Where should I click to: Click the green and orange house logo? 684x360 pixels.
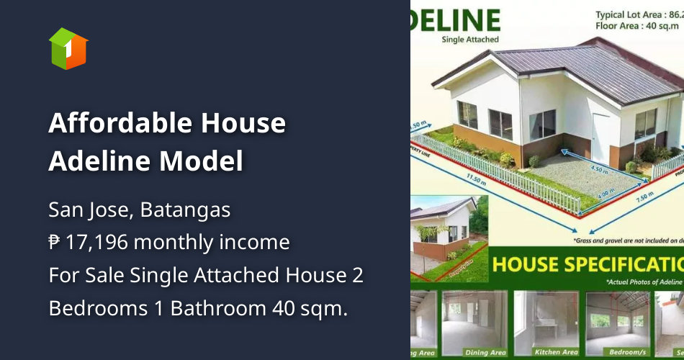pos(68,48)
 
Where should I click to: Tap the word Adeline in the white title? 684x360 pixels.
pos(98,161)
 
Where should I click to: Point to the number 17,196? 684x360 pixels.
pos(96,242)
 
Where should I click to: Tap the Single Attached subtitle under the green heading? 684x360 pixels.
pos(469,40)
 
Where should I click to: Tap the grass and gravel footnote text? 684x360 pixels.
pos(626,240)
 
